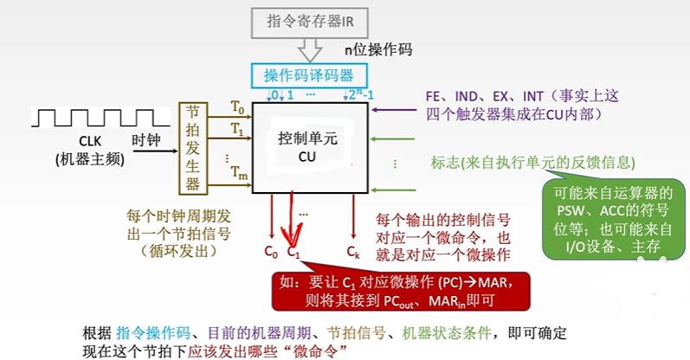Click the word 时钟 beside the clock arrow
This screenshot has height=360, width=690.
click(147, 140)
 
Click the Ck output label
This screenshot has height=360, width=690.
click(352, 253)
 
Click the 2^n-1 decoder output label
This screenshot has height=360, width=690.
click(356, 94)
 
